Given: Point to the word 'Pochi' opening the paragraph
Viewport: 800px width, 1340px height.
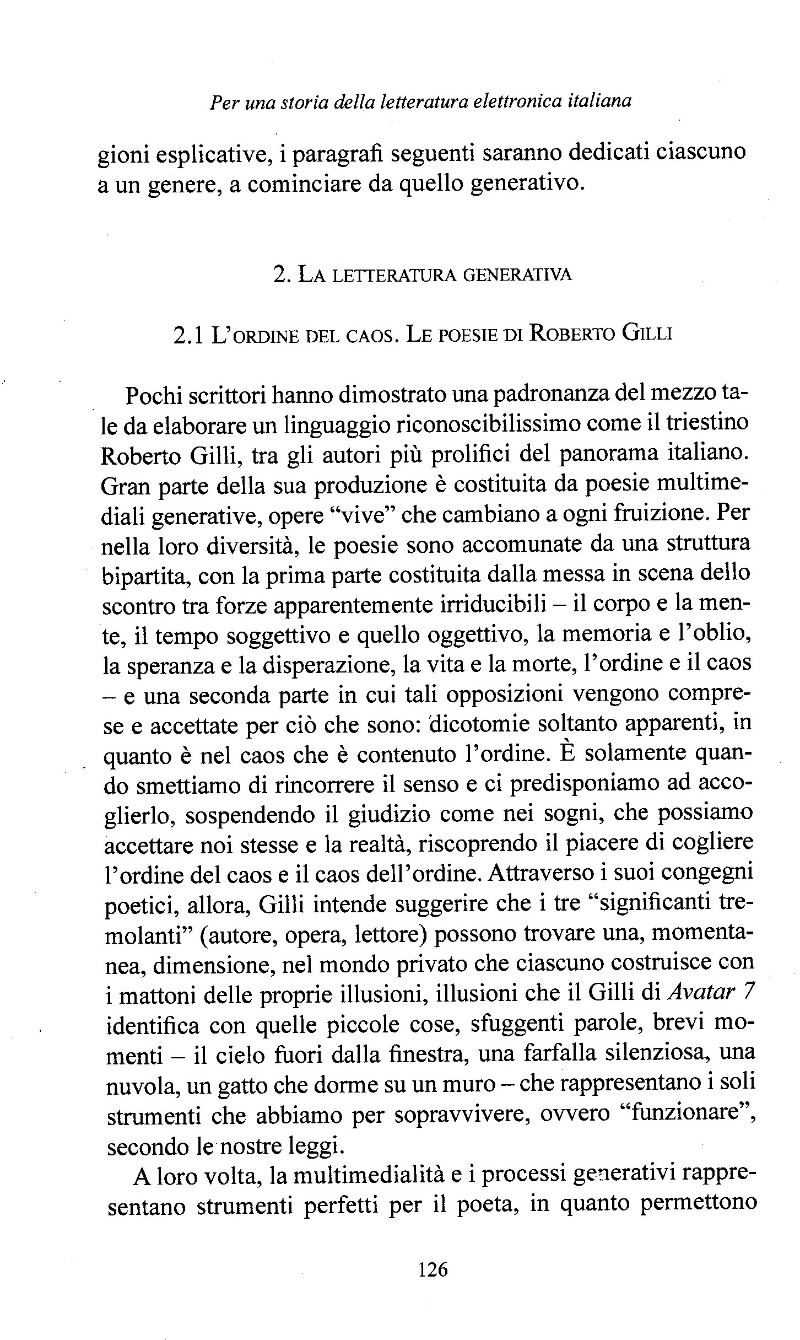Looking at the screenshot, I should [x=151, y=395].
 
